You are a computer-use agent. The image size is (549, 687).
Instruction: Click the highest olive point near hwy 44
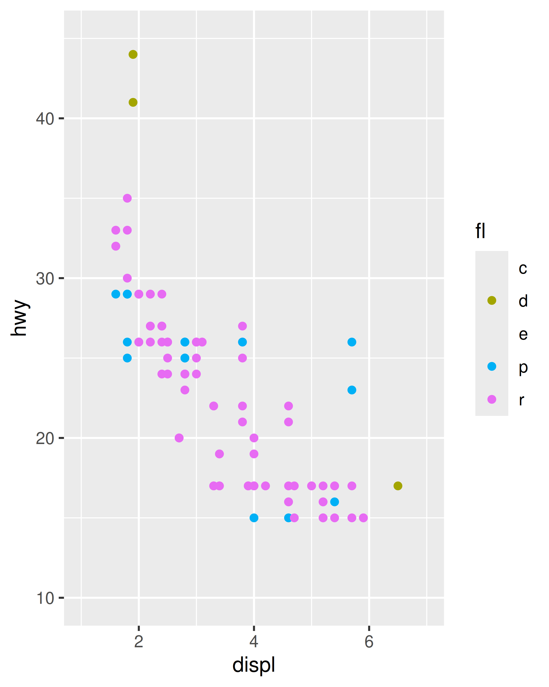pyautogui.click(x=133, y=55)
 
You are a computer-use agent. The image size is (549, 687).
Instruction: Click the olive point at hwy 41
pyautogui.click(x=133, y=102)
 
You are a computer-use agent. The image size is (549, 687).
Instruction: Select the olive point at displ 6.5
pyautogui.click(x=398, y=486)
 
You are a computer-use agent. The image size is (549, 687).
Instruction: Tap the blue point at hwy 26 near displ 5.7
pyautogui.click(x=352, y=342)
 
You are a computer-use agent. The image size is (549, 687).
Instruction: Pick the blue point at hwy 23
pyautogui.click(x=352, y=390)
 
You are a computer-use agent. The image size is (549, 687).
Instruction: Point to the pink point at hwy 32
pyautogui.click(x=116, y=246)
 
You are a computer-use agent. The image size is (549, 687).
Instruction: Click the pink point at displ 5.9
pyautogui.click(x=363, y=518)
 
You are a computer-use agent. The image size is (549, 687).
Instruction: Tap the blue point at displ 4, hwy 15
pyautogui.click(x=254, y=518)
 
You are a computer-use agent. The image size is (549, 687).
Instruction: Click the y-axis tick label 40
pyautogui.click(x=45, y=119)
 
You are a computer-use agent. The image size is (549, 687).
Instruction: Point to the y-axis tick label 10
pyautogui.click(x=45, y=598)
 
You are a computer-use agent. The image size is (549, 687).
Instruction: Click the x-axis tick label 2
pyautogui.click(x=138, y=642)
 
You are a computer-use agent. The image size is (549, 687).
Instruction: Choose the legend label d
pyautogui.click(x=523, y=301)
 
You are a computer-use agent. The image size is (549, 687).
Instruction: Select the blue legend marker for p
pyautogui.click(x=492, y=366)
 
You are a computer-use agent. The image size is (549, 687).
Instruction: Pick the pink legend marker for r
pyautogui.click(x=492, y=399)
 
